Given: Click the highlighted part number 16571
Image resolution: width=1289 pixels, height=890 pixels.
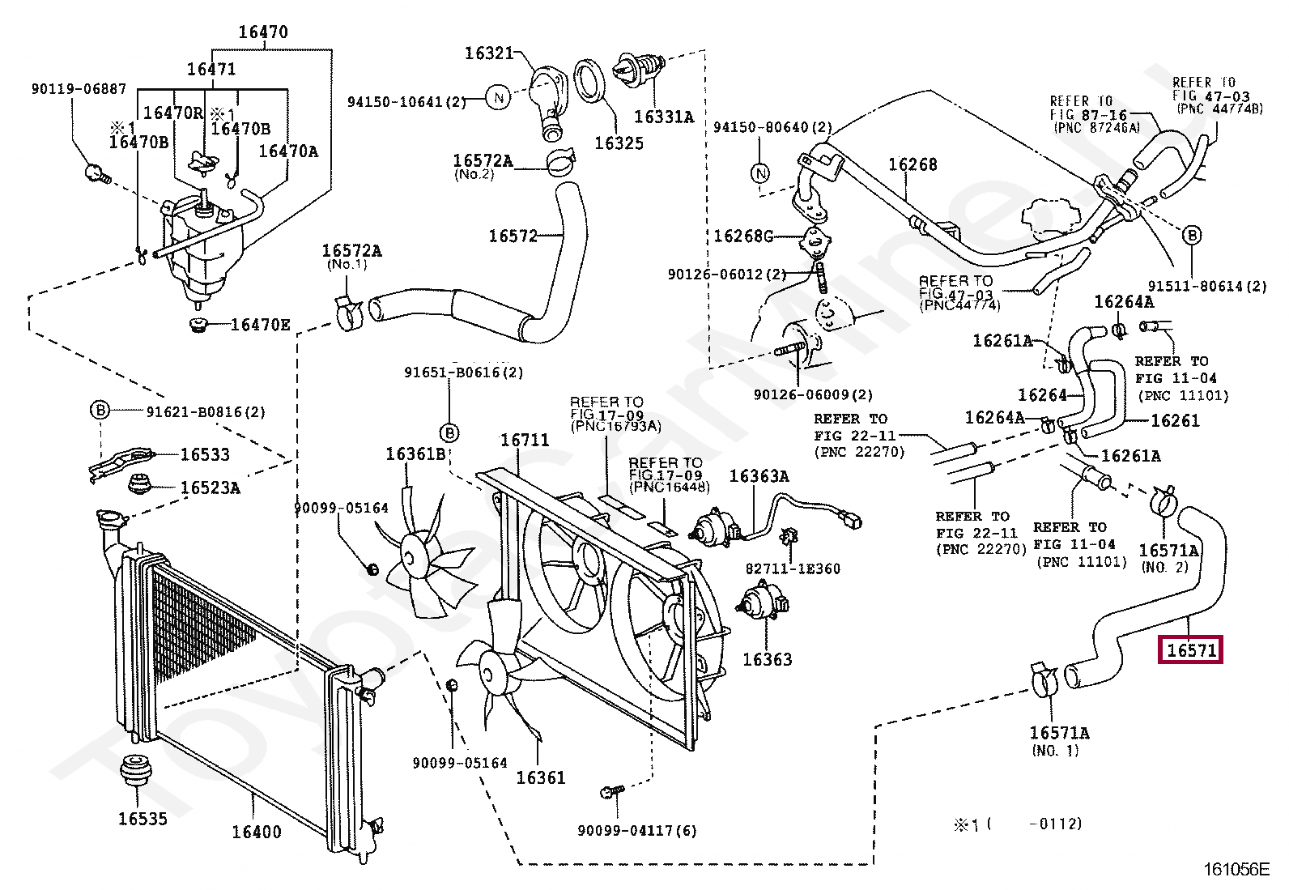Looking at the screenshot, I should pyautogui.click(x=1191, y=649).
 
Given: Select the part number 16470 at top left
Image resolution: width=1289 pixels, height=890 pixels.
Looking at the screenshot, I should pyautogui.click(x=263, y=32).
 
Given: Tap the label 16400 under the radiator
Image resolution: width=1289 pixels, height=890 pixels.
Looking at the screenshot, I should pyautogui.click(x=257, y=832).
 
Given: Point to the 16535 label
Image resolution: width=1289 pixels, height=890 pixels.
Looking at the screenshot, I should pyautogui.click(x=143, y=818).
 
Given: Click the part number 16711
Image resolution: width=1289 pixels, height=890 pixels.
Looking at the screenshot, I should pyautogui.click(x=525, y=441).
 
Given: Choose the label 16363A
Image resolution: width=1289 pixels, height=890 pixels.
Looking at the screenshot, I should pyautogui.click(x=759, y=475).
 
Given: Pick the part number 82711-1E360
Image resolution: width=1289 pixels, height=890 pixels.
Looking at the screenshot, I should pyautogui.click(x=793, y=568).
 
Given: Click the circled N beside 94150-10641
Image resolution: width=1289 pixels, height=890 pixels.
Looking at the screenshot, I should pyautogui.click(x=499, y=99).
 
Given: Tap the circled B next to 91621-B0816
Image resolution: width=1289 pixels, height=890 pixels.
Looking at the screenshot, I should pyautogui.click(x=99, y=411).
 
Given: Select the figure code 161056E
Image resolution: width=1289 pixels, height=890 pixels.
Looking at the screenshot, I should pyautogui.click(x=1236, y=870).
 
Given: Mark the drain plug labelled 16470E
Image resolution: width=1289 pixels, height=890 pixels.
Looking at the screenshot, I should pyautogui.click(x=197, y=326).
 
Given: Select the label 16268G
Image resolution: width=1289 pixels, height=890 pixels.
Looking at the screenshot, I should pyautogui.click(x=743, y=236).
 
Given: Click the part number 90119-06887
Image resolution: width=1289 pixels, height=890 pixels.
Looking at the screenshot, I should pyautogui.click(x=79, y=89).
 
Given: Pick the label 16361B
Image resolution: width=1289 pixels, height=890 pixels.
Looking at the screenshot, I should pyautogui.click(x=415, y=454).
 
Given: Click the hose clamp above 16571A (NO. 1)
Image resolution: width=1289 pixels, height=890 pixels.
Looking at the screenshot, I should pyautogui.click(x=1044, y=680).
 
